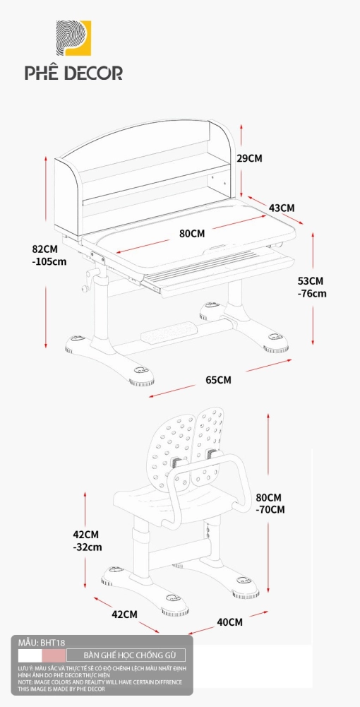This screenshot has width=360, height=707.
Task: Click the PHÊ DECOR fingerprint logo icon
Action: (73, 38)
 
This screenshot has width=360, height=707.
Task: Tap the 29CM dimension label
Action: (249, 158)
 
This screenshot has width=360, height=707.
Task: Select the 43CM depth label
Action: (282, 208)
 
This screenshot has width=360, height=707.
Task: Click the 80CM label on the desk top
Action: (192, 234)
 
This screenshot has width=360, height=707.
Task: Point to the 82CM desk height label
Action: (45, 249)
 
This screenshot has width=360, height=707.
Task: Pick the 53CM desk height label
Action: (311, 281)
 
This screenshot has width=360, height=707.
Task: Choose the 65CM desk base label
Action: (218, 380)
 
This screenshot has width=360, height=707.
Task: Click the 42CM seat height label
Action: (85, 535)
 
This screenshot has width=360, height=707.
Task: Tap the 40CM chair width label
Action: (230, 623)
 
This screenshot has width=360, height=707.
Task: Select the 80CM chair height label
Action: (268, 498)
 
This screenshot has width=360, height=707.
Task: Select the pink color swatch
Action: (54, 655)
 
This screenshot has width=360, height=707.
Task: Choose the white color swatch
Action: (30, 655)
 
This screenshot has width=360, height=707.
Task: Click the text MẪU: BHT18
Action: (39, 643)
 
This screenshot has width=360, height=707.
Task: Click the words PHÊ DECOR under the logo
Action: (73, 73)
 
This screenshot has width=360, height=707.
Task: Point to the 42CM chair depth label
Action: (124, 614)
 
